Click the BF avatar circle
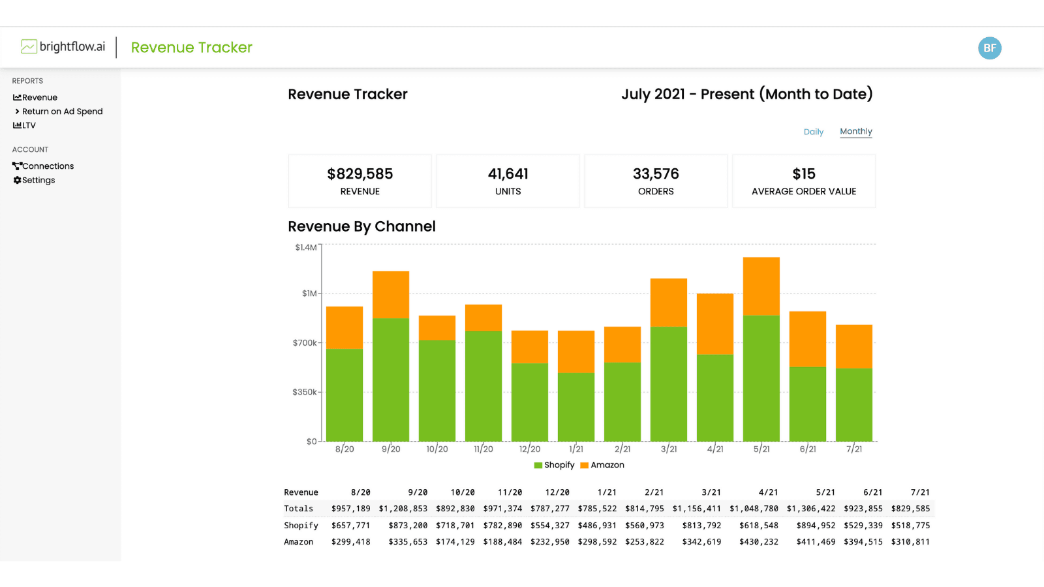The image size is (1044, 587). tap(989, 48)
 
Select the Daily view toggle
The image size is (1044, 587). tap(813, 132)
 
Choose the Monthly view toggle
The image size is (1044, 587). tap(855, 131)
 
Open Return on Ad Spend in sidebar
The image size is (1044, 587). tap(62, 112)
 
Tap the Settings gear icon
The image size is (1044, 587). tap(18, 180)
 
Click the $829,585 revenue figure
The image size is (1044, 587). tap(360, 174)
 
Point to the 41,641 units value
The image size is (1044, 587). tap(508, 174)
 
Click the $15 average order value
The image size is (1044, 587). tap(803, 174)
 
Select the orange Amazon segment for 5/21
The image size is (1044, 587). tap(761, 286)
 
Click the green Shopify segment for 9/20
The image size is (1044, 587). tap(390, 379)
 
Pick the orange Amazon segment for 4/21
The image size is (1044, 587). tap(714, 324)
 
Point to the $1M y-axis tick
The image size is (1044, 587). tap(309, 293)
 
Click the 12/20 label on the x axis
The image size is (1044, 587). tap(529, 449)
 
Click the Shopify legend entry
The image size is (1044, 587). tap(555, 465)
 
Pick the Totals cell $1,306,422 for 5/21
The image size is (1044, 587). tap(810, 509)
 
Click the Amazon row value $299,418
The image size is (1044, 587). tap(350, 542)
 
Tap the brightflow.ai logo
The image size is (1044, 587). tap(63, 47)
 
